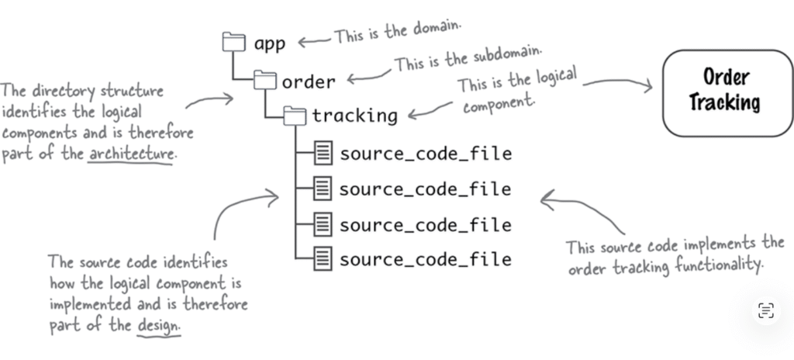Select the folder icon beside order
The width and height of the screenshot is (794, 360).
tap(265, 80)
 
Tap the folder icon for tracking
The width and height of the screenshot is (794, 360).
tap(295, 116)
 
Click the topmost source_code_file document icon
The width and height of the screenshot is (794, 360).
tap(323, 153)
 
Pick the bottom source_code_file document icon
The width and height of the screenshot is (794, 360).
tap(323, 258)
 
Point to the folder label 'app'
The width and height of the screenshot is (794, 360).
tap(270, 44)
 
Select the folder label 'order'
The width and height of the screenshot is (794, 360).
tap(309, 81)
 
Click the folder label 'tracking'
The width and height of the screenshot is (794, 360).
tap(354, 116)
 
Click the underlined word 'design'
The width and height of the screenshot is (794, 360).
tap(158, 327)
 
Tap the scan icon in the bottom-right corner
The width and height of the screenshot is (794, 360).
tap(765, 311)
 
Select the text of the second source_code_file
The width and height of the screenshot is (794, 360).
tap(425, 189)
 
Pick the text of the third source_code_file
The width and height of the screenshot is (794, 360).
tap(425, 224)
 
